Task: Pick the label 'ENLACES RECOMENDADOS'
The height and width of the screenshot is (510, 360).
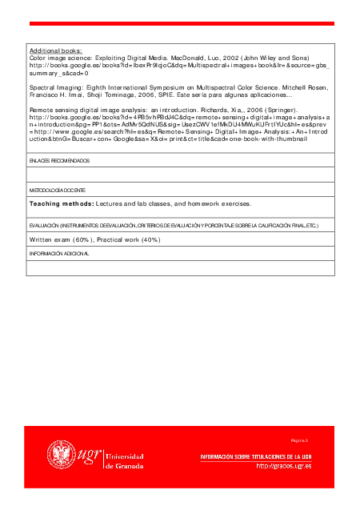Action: (59, 161)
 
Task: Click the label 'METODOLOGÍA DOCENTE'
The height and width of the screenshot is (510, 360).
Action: (57, 191)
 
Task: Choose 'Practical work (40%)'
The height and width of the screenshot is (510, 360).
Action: (129, 239)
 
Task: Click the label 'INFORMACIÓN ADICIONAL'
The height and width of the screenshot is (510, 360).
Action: (59, 253)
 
